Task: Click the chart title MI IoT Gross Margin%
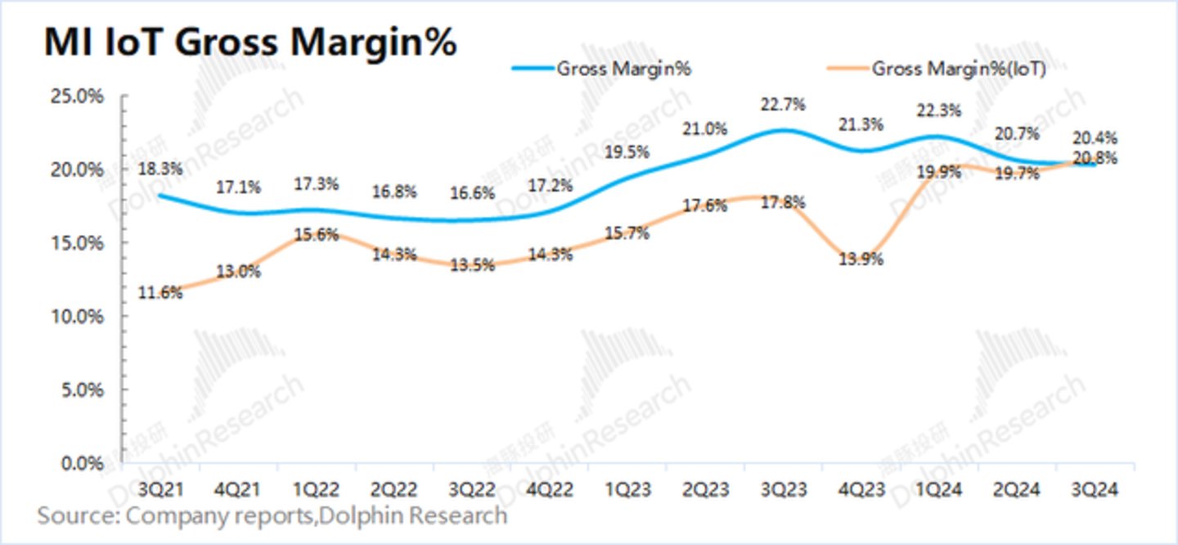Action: click(x=250, y=43)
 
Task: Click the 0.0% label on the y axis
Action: click(x=83, y=463)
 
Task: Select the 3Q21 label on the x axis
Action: click(x=162, y=490)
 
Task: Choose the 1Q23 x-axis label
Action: click(x=628, y=490)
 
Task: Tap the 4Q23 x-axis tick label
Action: click(x=861, y=490)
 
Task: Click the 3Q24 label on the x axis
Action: click(x=1095, y=490)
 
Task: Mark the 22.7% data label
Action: click(x=783, y=105)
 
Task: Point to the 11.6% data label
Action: click(x=161, y=292)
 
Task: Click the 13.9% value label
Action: click(x=862, y=259)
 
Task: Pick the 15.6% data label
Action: click(x=317, y=233)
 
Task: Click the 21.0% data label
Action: click(x=705, y=129)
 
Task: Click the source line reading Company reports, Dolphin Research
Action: click(x=272, y=516)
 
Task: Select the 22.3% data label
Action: click(x=939, y=110)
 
